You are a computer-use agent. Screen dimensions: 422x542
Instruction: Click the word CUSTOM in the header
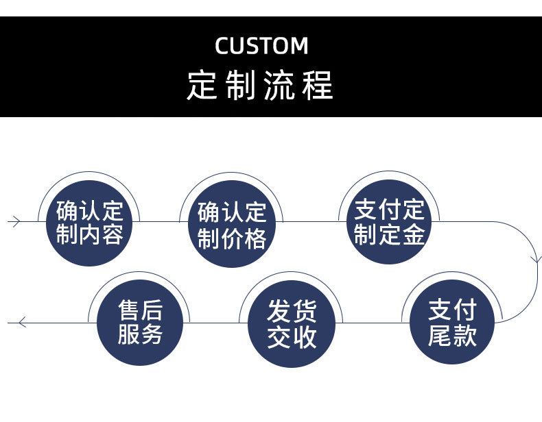pyautogui.click(x=261, y=46)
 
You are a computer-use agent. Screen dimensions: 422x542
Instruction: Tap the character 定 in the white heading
pyautogui.click(x=203, y=85)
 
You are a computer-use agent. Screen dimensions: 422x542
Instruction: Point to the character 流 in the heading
pyautogui.click(x=279, y=85)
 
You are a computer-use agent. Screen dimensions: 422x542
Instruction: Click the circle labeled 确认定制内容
pyautogui.click(x=89, y=222)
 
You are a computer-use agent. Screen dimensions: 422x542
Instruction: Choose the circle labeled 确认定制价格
pyautogui.click(x=231, y=225)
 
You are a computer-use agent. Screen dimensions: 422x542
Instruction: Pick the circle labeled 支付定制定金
pyautogui.click(x=389, y=221)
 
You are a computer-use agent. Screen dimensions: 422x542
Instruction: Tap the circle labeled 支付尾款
pyautogui.click(x=451, y=323)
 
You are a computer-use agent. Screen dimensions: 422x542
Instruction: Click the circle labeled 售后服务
pyautogui.click(x=140, y=322)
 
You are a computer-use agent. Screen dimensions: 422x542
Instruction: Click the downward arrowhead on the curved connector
pyautogui.click(x=537, y=259)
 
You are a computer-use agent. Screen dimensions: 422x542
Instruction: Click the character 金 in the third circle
pyautogui.click(x=414, y=234)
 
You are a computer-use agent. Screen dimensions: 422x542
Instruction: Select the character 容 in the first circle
pyautogui.click(x=113, y=235)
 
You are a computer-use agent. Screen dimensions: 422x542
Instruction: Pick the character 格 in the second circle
pyautogui.click(x=255, y=238)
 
